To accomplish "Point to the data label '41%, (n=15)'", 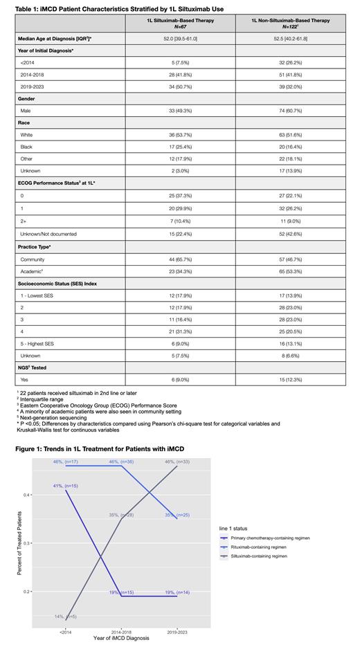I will pos(66,487).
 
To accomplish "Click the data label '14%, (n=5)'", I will pos(66,616).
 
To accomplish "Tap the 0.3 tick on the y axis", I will pos(45,543).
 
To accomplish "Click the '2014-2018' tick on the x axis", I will pos(122,632).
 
